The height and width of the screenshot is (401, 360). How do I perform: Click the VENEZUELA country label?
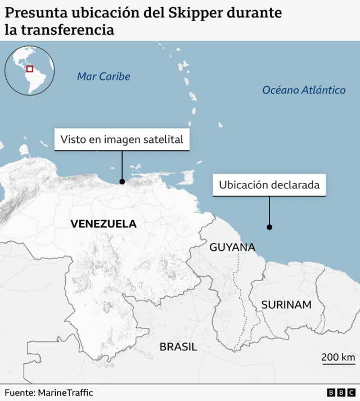(103, 223)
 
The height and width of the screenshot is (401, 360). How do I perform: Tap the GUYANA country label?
(232, 247)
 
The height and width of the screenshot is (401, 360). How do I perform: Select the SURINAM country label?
(286, 304)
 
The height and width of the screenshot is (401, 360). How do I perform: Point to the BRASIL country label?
(178, 346)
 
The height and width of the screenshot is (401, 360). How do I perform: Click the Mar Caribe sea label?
(103, 76)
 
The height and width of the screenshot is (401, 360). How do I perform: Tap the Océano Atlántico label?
(304, 89)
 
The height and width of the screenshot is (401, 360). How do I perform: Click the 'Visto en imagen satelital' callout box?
(122, 139)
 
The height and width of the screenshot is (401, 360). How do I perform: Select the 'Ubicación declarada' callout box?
(269, 184)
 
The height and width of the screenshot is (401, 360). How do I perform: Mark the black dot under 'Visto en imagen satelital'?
(122, 181)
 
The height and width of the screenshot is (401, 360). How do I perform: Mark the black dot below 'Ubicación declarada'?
(269, 227)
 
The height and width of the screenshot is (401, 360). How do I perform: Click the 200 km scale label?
(338, 357)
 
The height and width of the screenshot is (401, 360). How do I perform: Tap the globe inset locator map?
(29, 70)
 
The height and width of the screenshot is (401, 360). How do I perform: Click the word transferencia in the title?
(67, 30)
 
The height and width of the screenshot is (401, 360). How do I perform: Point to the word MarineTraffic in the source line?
(65, 393)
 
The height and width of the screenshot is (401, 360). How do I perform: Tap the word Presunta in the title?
(33, 12)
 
